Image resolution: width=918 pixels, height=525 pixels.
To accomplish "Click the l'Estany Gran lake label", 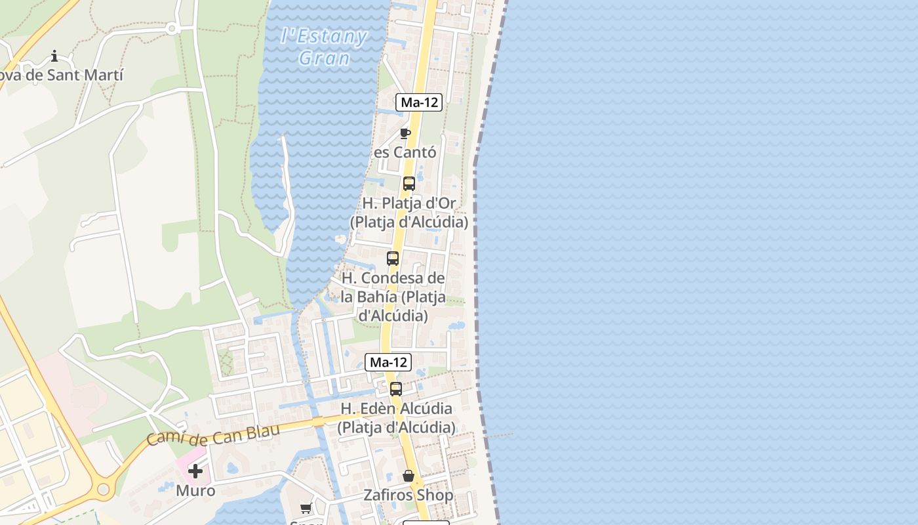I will tap(323, 46).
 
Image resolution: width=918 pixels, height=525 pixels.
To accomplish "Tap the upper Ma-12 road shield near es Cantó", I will tap(419, 102).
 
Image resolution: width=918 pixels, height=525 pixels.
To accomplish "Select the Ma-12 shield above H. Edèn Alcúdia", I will tap(388, 362).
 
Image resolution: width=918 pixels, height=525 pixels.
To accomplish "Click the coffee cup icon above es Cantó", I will tap(405, 134).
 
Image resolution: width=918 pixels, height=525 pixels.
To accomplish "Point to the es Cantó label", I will tap(405, 152).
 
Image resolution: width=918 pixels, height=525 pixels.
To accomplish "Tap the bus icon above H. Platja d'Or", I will tap(409, 184).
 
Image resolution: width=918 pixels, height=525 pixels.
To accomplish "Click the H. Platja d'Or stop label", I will tap(409, 213).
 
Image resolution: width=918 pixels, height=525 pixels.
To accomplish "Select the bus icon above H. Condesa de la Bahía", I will tap(393, 259).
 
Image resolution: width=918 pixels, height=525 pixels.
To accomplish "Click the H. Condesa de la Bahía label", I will tap(393, 297).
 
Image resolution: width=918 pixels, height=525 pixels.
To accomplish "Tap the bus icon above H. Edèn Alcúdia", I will tap(396, 388).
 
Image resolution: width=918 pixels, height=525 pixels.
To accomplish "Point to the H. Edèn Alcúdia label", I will tap(396, 418).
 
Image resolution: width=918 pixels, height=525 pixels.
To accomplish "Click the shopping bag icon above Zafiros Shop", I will tap(409, 476).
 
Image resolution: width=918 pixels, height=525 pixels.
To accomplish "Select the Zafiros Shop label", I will tap(409, 495).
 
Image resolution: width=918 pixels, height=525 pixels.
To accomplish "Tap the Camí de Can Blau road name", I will tap(213, 434).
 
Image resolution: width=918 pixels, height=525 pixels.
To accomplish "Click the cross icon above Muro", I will tap(195, 471).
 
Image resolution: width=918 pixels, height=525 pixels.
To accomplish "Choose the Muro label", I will tap(195, 490).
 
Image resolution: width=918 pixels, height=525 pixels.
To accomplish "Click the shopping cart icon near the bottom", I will tap(306, 508).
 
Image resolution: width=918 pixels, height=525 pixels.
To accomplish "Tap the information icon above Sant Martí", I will tap(54, 56).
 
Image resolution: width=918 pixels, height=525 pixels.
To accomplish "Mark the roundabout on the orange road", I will tap(103, 489).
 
